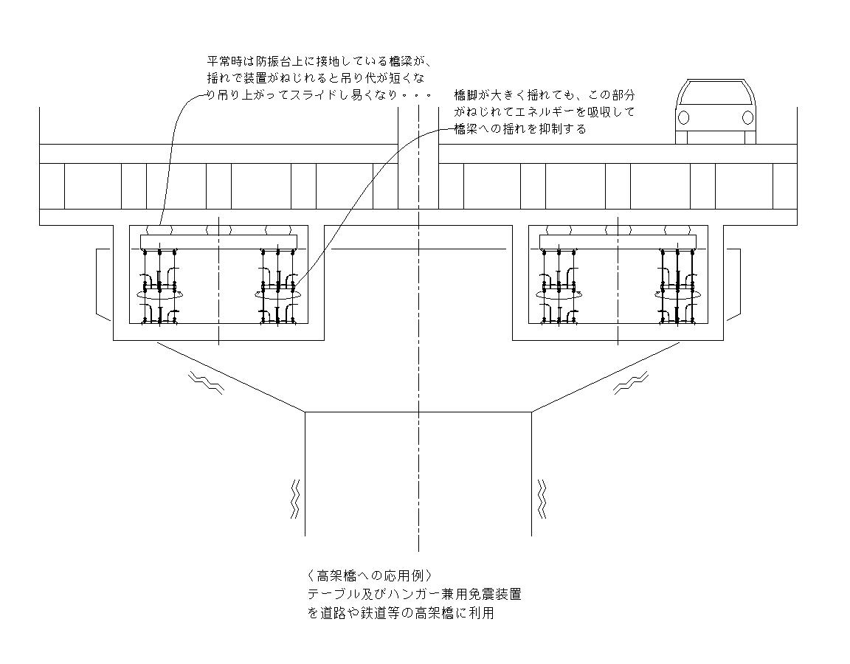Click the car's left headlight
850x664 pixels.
(x=684, y=117)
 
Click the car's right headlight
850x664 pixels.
(x=747, y=117)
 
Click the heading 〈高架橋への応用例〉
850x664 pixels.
(x=370, y=575)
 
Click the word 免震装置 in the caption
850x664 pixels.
(x=495, y=594)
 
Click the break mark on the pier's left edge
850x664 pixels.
(x=295, y=498)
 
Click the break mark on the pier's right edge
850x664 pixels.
(x=541, y=498)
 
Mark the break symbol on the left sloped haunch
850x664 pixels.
(x=206, y=383)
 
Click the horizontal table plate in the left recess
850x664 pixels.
(x=218, y=241)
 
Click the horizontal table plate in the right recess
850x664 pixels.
(x=618, y=241)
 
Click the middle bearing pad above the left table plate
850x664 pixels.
(x=218, y=230)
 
